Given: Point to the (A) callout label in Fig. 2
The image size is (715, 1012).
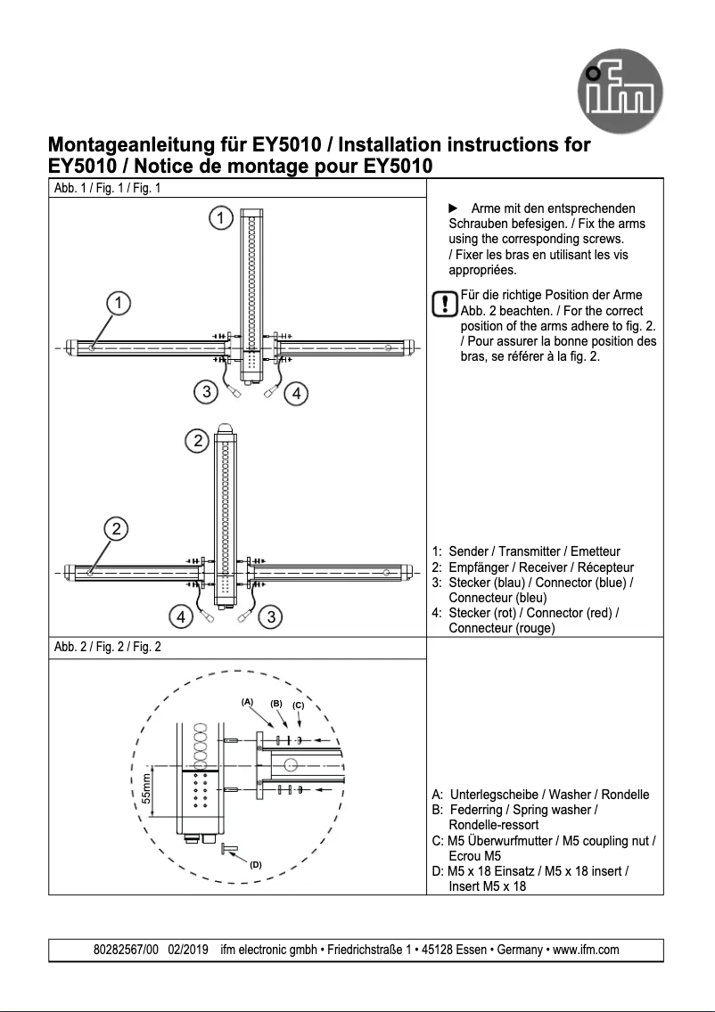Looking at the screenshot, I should [248, 701].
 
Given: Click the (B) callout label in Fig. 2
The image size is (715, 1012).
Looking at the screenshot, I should [276, 703].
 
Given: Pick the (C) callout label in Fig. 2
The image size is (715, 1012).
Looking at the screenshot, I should [299, 706].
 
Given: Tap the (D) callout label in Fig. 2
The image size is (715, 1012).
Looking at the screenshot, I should [256, 864].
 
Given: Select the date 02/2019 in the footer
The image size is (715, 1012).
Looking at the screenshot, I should [188, 950].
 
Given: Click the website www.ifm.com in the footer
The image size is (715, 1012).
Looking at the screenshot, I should [586, 950].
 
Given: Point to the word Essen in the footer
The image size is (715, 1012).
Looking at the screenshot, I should [471, 950].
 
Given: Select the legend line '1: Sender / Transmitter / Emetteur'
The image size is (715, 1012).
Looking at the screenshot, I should [526, 551].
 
